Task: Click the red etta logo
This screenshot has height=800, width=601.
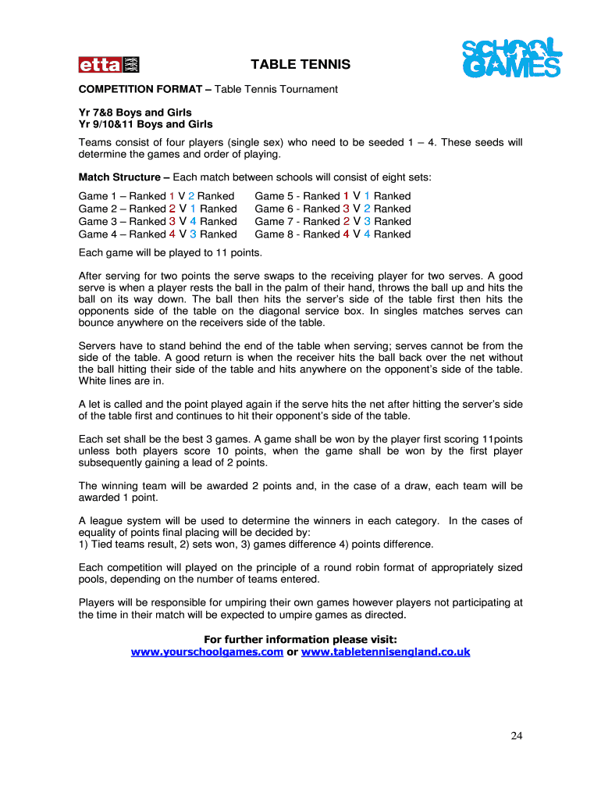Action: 108,65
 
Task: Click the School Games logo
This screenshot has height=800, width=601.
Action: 511,59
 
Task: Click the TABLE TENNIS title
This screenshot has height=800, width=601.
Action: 300,65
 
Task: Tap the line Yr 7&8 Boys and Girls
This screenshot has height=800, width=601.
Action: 135,112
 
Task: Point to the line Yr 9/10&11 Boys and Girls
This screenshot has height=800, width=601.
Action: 145,124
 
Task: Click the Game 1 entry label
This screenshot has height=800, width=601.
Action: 99,196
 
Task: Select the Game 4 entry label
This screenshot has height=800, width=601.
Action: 99,234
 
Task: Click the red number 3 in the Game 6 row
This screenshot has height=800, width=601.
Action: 347,209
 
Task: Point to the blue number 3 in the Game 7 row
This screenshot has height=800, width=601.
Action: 367,221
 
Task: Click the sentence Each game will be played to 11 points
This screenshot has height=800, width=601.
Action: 171,253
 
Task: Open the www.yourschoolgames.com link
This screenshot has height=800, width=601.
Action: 207,652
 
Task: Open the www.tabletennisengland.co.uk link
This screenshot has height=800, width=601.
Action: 386,652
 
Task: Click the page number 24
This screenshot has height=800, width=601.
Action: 516,735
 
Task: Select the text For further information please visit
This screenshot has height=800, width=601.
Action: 300,639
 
